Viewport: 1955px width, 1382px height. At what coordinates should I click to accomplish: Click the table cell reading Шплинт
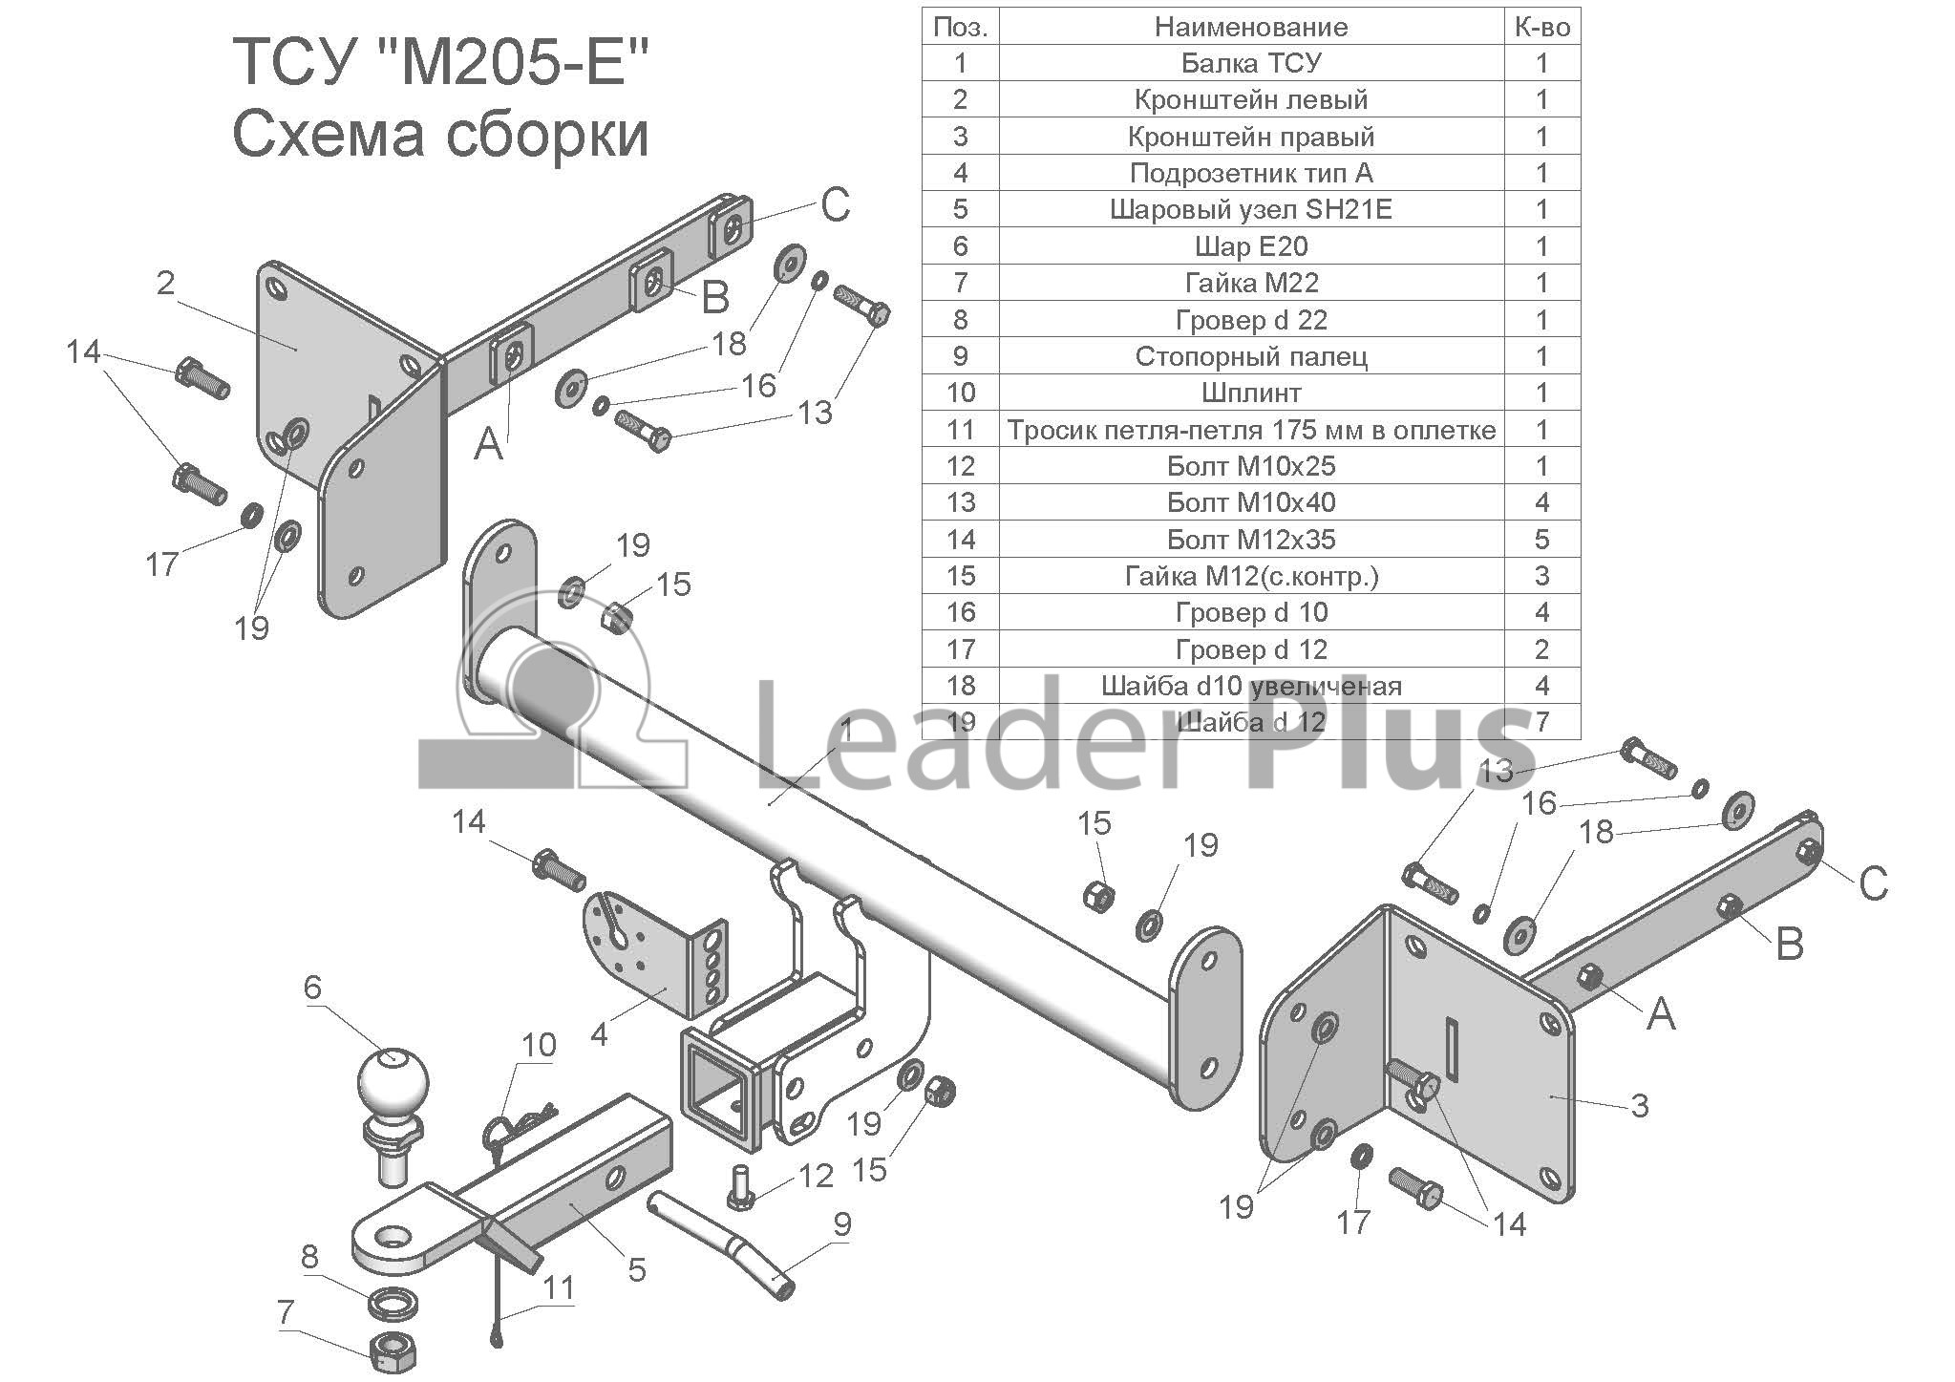(1251, 393)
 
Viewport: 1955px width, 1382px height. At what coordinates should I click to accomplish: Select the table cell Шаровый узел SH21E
(1251, 209)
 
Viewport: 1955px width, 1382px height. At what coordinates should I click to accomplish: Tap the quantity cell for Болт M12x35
(1541, 540)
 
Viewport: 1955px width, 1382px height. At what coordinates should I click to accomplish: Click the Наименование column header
(1251, 27)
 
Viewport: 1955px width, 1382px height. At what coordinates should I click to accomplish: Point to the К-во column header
(1541, 27)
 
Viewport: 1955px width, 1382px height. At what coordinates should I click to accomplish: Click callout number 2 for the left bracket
(166, 283)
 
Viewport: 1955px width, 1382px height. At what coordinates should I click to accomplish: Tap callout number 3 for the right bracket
(1639, 1106)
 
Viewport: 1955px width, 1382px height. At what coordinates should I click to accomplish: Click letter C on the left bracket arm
(835, 203)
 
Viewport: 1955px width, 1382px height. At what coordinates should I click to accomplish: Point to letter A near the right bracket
(1661, 1013)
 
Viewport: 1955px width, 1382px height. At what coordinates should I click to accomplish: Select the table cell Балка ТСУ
(1251, 63)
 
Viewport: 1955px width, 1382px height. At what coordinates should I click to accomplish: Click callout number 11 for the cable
(559, 1287)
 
